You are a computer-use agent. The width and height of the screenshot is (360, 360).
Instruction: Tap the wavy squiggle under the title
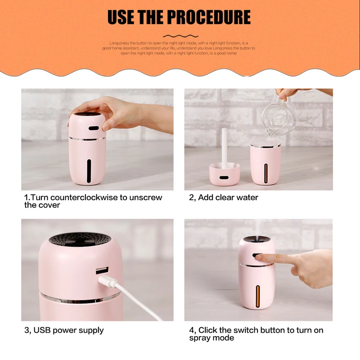point(180,36)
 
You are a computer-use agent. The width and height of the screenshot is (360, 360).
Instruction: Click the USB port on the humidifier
point(102,272)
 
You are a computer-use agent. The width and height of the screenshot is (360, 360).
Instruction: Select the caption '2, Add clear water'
point(223,198)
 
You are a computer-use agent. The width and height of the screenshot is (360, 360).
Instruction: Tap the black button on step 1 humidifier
point(94,128)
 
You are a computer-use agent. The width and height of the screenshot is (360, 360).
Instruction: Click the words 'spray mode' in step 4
point(211,338)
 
